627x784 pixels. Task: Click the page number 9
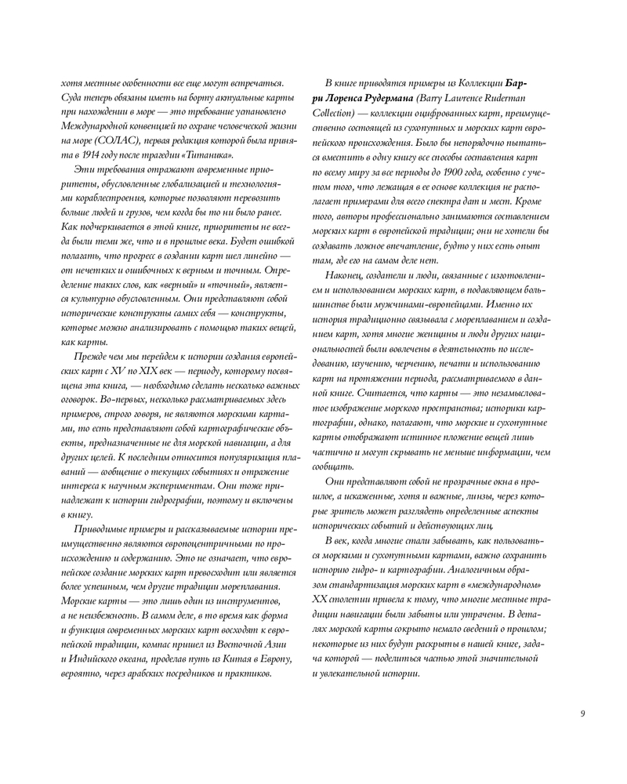click(582, 713)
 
